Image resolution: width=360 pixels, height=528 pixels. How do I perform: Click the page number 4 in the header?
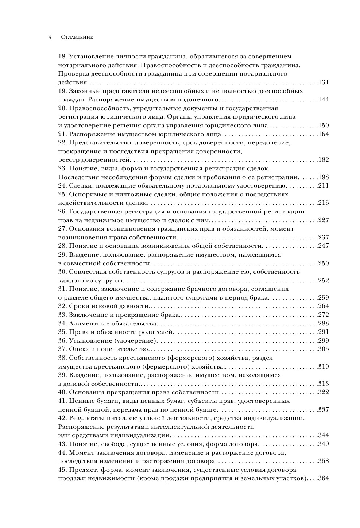pos(50,37)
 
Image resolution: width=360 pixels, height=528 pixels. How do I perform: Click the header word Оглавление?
pos(77,37)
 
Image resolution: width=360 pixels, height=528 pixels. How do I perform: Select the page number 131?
pos(324,82)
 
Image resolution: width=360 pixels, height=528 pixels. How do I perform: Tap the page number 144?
pos(324,99)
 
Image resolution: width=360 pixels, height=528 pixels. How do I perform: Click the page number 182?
pos(324,159)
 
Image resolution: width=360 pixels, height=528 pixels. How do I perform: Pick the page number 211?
pos(324,185)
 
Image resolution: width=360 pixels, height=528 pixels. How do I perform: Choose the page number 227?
pos(324,220)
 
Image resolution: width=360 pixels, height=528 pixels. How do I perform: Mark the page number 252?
pos(324,280)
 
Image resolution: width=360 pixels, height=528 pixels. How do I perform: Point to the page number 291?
pos(324,332)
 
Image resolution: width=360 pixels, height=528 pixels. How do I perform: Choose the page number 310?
pos(324,366)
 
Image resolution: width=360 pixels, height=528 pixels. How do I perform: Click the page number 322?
pos(324,392)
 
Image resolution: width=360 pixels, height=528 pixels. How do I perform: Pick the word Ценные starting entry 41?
pos(81,401)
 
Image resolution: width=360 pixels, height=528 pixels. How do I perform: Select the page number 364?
pos(324,478)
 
